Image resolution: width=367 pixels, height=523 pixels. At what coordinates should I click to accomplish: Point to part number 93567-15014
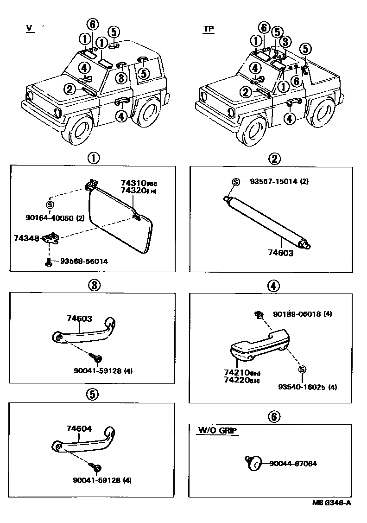pos(274,181)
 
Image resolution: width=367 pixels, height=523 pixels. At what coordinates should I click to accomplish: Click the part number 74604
pos(79,429)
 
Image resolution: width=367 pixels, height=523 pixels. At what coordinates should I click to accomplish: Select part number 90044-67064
pos(292,463)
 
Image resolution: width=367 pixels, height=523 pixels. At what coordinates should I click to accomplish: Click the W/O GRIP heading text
pos(217,431)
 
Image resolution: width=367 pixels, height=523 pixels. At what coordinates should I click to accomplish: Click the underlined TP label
pos(208,29)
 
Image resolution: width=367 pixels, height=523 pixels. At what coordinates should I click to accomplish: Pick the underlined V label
pos(30,28)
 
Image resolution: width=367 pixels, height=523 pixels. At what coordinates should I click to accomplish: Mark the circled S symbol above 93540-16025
pos(302,370)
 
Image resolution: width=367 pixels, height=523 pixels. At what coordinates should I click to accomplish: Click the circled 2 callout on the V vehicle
pos(70,89)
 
